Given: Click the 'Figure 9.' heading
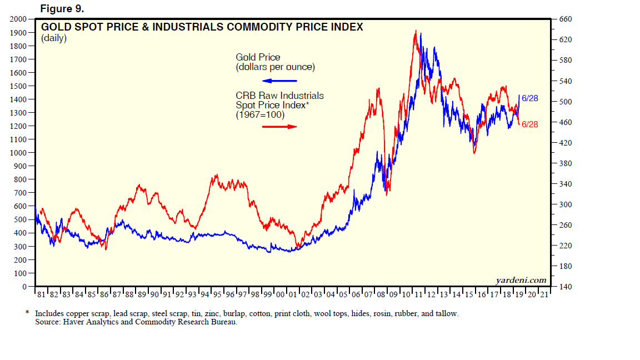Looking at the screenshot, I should (x=62, y=9).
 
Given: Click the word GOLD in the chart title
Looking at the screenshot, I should (x=55, y=27).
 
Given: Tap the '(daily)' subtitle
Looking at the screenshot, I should (x=53, y=38).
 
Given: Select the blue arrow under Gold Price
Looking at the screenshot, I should (x=279, y=81).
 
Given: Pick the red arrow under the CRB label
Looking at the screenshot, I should (x=279, y=127).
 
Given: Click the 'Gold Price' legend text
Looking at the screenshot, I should (x=258, y=57).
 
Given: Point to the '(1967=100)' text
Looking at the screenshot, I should (x=260, y=115).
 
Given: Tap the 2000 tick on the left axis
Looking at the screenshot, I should (x=19, y=19).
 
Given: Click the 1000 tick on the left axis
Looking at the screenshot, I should (x=19, y=153).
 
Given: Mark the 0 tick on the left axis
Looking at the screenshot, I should (x=24, y=287).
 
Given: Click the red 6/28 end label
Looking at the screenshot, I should (x=530, y=124).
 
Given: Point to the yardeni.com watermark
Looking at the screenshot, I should (x=521, y=280).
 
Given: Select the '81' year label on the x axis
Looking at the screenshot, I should (x=41, y=294).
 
